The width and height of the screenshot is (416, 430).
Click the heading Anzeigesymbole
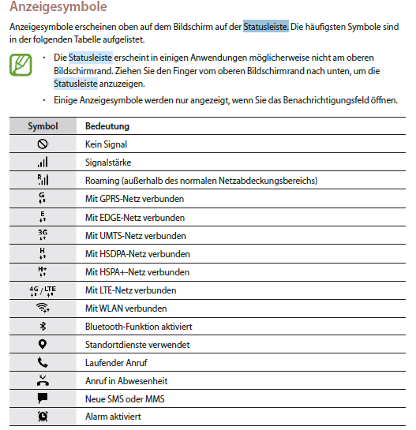click(x=58, y=8)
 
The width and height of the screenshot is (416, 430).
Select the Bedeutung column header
click(x=107, y=126)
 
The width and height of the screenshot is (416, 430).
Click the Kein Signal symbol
click(x=43, y=144)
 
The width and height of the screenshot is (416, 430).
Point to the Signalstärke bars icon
click(x=43, y=163)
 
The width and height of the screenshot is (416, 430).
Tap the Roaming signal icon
click(x=43, y=181)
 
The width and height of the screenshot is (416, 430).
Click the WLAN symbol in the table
click(x=43, y=308)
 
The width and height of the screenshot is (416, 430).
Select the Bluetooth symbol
click(x=43, y=327)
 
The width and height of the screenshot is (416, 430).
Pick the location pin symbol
click(x=43, y=345)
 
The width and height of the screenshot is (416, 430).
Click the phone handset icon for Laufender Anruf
click(x=43, y=363)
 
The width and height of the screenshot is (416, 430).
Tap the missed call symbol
click(x=43, y=380)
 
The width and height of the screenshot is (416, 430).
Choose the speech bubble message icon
click(x=43, y=398)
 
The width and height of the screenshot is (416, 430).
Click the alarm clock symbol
click(x=43, y=417)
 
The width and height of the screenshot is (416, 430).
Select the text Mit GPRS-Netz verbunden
click(x=134, y=199)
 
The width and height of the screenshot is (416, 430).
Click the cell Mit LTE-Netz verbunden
click(x=130, y=290)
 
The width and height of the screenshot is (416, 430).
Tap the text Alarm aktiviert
click(x=114, y=417)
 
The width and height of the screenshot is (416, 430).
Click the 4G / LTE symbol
click(x=43, y=290)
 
